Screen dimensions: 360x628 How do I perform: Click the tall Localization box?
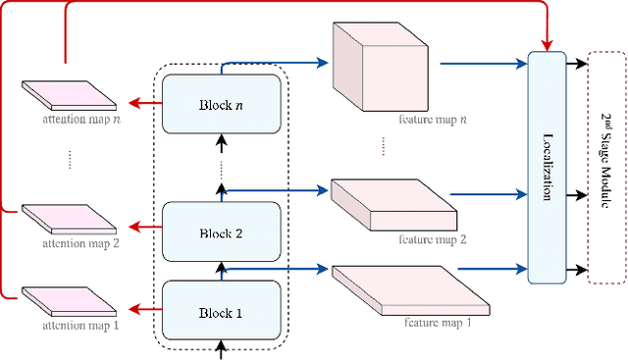click(x=547, y=166)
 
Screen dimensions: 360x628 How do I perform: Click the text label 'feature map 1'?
click(x=439, y=321)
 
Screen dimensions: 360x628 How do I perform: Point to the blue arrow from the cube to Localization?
click(x=483, y=65)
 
